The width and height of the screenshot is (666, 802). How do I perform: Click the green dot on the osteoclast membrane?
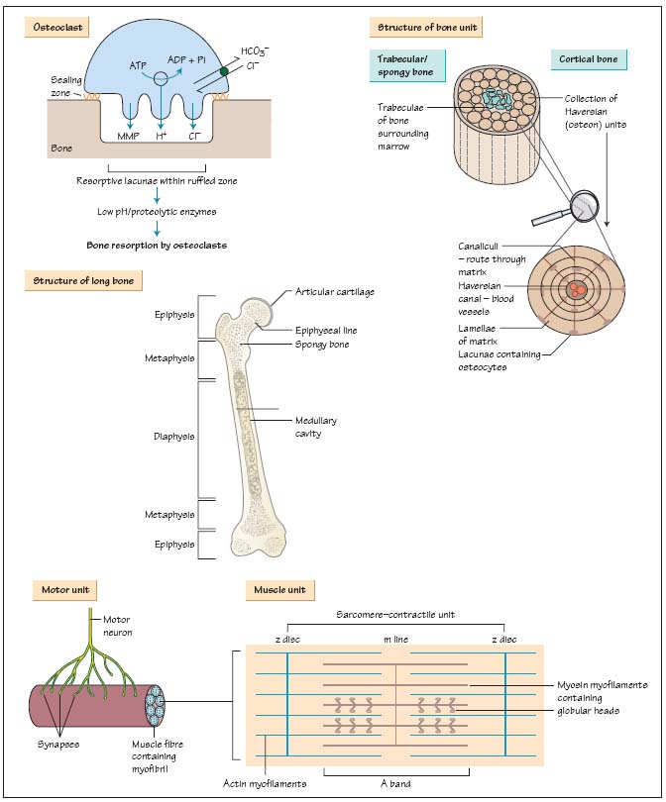(224, 71)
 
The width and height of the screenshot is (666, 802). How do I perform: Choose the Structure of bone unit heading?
(425, 27)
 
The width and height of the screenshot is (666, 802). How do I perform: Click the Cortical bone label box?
(589, 59)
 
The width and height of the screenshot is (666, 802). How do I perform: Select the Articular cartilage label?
(335, 292)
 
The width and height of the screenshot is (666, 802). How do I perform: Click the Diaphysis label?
(174, 436)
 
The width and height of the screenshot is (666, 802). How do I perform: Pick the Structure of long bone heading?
(84, 281)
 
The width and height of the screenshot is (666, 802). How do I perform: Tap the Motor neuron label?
(118, 626)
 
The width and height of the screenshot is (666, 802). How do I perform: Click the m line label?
(396, 639)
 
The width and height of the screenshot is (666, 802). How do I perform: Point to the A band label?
(395, 783)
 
